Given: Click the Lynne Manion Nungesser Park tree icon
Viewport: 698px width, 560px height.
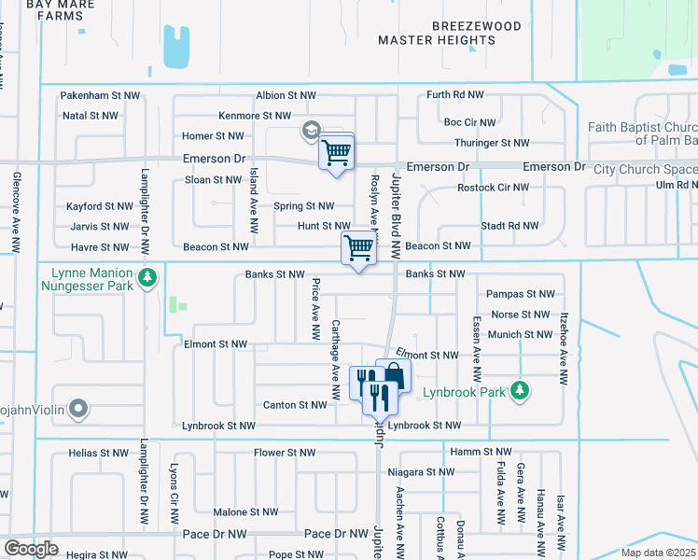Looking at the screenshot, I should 147,277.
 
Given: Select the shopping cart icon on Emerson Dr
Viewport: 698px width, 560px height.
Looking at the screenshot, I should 336,151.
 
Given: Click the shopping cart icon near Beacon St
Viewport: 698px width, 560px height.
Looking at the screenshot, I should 358,248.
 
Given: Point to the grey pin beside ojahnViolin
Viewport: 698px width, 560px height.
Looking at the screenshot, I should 78,408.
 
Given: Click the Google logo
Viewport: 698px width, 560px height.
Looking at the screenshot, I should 31,549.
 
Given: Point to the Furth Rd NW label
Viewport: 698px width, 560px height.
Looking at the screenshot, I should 455,95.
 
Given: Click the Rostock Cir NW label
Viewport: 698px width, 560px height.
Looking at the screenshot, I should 493,188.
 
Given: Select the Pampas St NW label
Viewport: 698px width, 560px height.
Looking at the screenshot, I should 520,294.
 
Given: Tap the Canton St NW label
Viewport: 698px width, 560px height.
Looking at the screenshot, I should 293,405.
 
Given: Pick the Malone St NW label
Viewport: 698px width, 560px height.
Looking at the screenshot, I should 245,512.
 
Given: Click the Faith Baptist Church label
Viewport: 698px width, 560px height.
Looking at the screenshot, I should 643,133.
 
